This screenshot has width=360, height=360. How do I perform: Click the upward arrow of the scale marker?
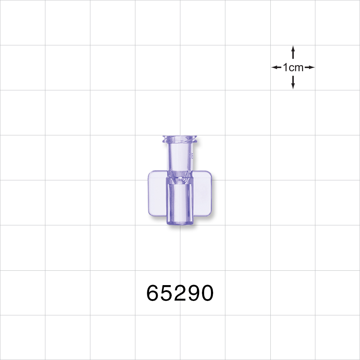tap(293, 52)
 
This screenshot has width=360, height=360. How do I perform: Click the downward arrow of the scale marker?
tap(293, 82)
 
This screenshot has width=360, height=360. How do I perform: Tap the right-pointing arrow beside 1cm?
tap(310, 67)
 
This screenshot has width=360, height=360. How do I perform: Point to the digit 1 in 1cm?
tap(285, 67)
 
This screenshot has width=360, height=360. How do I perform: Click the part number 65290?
tap(180, 293)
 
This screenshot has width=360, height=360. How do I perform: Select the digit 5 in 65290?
tap(167, 293)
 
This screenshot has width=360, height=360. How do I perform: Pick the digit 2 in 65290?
tap(180, 293)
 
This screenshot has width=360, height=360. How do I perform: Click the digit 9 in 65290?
tap(193, 293)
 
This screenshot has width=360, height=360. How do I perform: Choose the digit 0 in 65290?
tap(207, 293)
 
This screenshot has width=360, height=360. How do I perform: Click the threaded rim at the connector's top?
tap(180, 139)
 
